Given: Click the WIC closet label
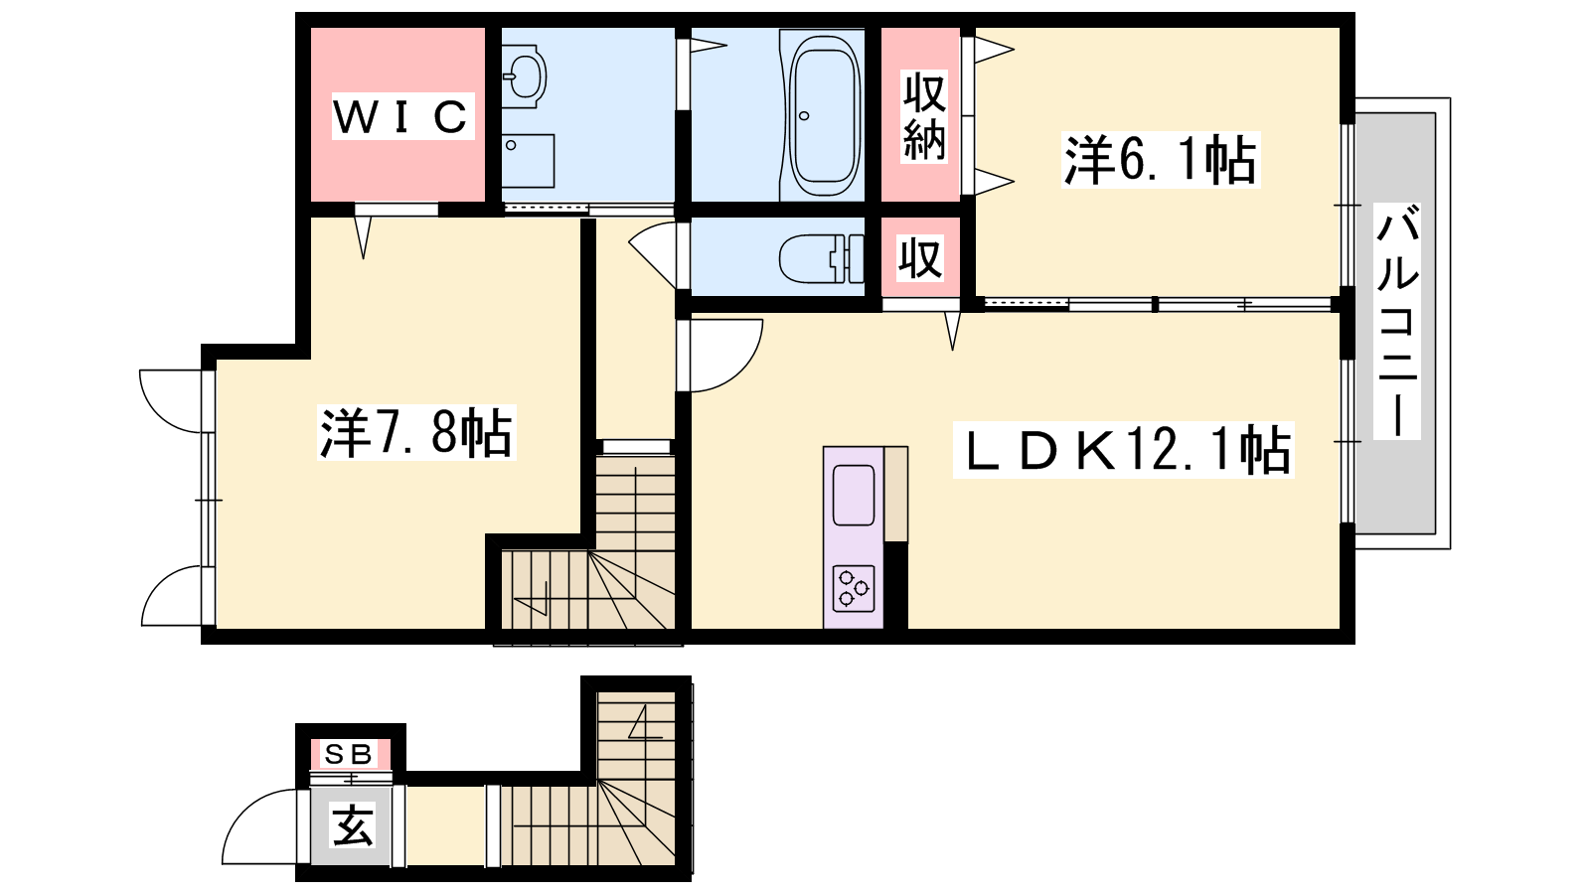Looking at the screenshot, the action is pyautogui.click(x=402, y=116).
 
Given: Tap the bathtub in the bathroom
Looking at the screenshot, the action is pyautogui.click(x=824, y=115).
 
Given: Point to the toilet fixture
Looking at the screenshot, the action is pyautogui.click(x=821, y=259).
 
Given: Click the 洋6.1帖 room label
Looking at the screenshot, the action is pyautogui.click(x=1160, y=160).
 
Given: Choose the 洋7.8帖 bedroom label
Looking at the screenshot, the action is pyautogui.click(x=416, y=432).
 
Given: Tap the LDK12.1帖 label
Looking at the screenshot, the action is pyautogui.click(x=1123, y=449).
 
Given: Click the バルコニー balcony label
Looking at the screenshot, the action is pyautogui.click(x=1397, y=321).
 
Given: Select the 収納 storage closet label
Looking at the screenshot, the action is pyautogui.click(x=924, y=117).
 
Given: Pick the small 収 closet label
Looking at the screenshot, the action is pyautogui.click(x=920, y=258).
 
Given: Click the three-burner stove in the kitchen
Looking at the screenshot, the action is pyautogui.click(x=854, y=587).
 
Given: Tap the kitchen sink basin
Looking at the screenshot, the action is pyautogui.click(x=854, y=496).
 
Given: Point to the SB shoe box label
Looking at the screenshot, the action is pyautogui.click(x=349, y=754).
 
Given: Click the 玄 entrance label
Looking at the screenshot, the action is pyautogui.click(x=352, y=825).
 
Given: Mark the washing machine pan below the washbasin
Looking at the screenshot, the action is pyautogui.click(x=528, y=161).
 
